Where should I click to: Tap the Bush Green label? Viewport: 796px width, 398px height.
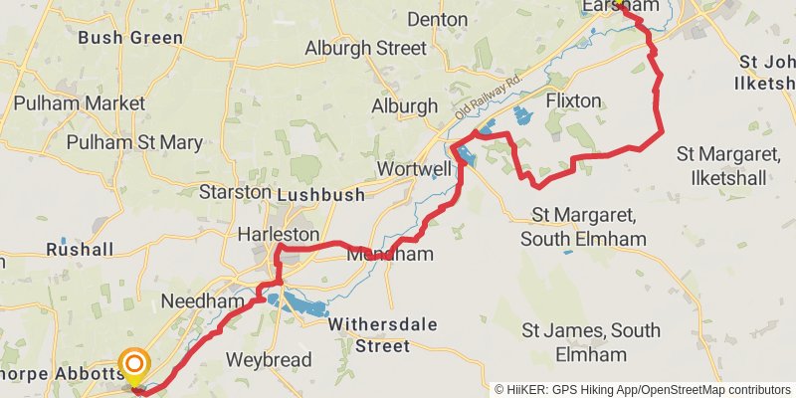[129, 38]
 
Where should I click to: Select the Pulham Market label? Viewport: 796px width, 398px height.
[80, 102]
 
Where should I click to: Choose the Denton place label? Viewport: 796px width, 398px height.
[438, 19]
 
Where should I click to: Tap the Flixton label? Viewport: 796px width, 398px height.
[574, 100]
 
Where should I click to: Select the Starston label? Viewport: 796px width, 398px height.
[235, 191]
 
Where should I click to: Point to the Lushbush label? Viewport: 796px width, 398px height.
[320, 195]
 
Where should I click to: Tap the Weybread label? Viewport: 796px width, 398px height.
[269, 359]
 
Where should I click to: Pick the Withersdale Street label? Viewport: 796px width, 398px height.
[369, 335]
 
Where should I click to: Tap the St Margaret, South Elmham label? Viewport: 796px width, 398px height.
[589, 226]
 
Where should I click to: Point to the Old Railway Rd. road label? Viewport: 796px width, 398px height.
[489, 94]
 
